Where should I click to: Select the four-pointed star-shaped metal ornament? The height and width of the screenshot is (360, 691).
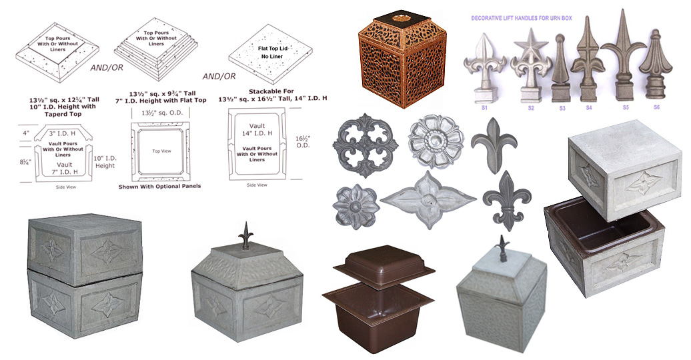427,199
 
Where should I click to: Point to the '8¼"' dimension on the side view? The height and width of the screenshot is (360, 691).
24,161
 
